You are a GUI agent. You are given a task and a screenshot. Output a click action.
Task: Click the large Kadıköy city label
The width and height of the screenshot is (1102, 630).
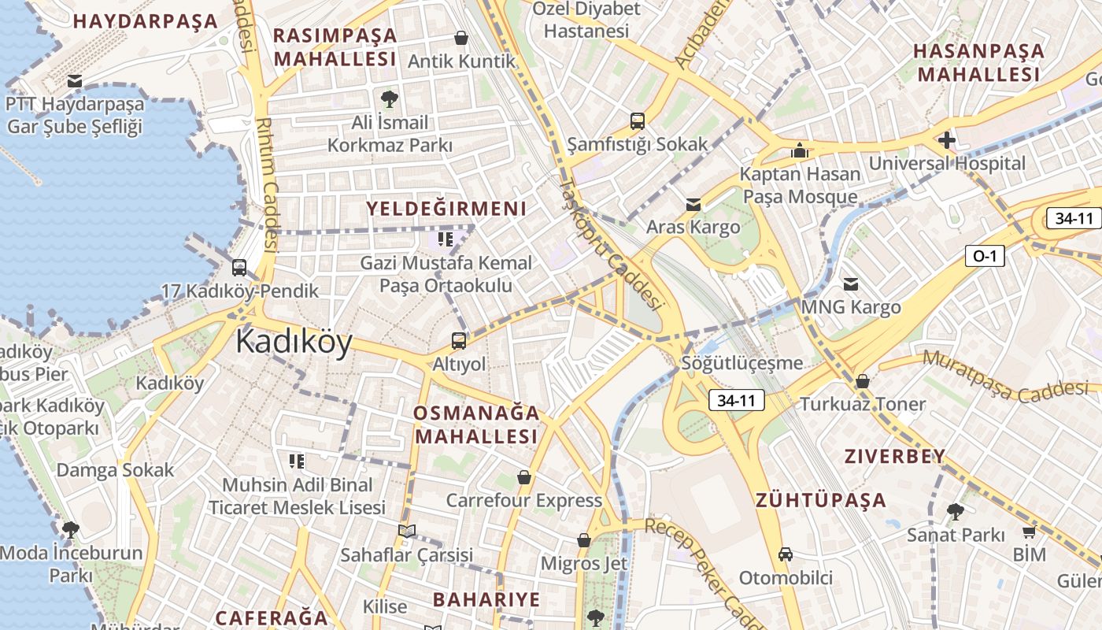[294, 343]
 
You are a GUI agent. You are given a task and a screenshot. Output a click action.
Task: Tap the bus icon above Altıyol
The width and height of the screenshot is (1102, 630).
[458, 341]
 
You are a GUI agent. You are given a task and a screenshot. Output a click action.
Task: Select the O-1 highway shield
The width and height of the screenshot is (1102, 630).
[985, 255]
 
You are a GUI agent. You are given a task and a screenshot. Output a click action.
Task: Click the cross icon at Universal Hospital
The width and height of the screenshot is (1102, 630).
[946, 141]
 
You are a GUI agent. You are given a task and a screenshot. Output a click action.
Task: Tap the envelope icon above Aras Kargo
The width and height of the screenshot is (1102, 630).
[693, 205]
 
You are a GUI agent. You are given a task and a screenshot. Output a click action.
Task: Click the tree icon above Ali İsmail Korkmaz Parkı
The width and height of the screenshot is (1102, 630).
[389, 98]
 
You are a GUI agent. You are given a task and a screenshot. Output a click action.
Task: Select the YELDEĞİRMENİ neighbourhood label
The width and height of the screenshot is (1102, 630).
[446, 209]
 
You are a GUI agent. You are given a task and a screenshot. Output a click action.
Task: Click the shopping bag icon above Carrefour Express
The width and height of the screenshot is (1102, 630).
[524, 477]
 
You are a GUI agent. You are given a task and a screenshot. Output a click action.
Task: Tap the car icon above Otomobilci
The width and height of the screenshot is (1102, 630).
[785, 554]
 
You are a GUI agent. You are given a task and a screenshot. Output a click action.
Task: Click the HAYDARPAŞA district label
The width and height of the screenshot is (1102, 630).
[145, 21]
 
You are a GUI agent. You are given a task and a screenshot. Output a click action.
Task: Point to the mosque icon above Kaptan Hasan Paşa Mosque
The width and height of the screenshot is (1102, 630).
[800, 150]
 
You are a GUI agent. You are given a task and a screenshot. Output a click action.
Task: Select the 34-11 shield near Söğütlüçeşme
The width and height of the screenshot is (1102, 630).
[736, 400]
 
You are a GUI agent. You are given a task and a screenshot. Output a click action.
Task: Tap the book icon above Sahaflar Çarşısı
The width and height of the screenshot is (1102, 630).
[406, 532]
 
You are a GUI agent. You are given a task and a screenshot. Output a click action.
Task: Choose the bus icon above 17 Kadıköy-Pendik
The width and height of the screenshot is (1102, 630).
[239, 268]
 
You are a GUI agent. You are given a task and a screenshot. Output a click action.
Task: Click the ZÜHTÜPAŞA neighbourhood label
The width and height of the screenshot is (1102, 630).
[821, 500]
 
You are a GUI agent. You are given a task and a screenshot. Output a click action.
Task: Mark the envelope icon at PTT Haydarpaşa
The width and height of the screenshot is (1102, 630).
[75, 81]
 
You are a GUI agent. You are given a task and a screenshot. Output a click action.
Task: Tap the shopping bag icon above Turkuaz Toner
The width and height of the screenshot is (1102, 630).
[863, 381]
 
